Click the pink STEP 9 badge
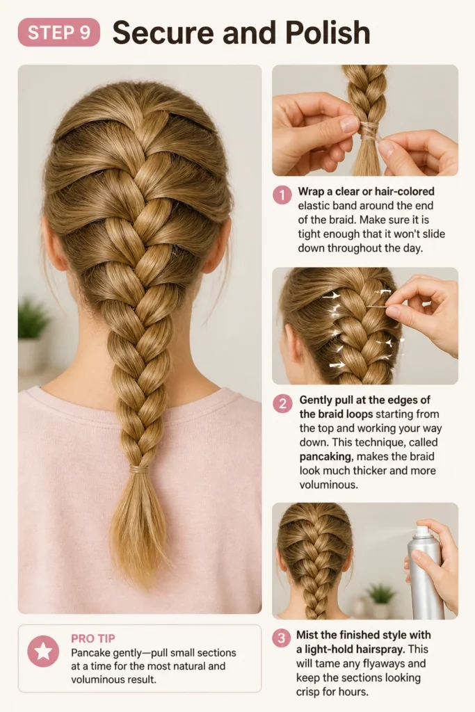click(58, 32)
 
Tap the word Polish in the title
click(328, 33)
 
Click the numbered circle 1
click(282, 195)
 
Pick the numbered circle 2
click(282, 403)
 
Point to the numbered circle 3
click(282, 638)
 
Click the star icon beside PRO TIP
click(43, 651)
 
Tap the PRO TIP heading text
click(92, 638)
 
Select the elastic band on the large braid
click(139, 469)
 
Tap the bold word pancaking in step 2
click(325, 456)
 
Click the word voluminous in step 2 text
click(328, 485)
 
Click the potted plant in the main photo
click(33, 334)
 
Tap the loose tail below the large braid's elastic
click(138, 529)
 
